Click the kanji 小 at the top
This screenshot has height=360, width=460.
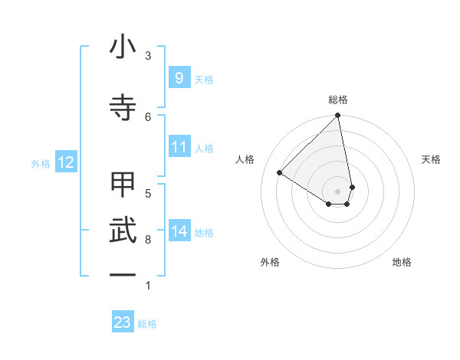tap(123, 49)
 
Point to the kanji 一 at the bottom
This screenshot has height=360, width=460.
tap(123, 273)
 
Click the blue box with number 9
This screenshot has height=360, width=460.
tap(179, 78)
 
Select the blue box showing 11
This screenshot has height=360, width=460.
tap(179, 147)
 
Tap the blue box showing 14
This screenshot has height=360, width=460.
tap(179, 231)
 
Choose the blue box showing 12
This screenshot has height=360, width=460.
tap(65, 162)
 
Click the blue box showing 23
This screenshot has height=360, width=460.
tap(123, 322)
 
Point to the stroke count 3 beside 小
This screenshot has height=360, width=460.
tap(148, 56)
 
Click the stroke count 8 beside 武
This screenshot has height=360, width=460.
tap(148, 240)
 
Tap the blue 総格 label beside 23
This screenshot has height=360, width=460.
tap(147, 324)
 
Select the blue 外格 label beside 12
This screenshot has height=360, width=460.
tap(41, 163)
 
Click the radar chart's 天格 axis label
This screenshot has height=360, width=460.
tap(431, 159)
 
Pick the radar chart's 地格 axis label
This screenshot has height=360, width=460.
tap(402, 262)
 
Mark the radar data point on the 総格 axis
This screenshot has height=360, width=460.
tap(337, 116)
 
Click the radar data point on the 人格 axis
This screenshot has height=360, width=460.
tap(280, 173)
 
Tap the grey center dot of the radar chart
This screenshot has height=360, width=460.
tap(337, 191)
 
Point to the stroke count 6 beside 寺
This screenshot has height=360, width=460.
tap(148, 116)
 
